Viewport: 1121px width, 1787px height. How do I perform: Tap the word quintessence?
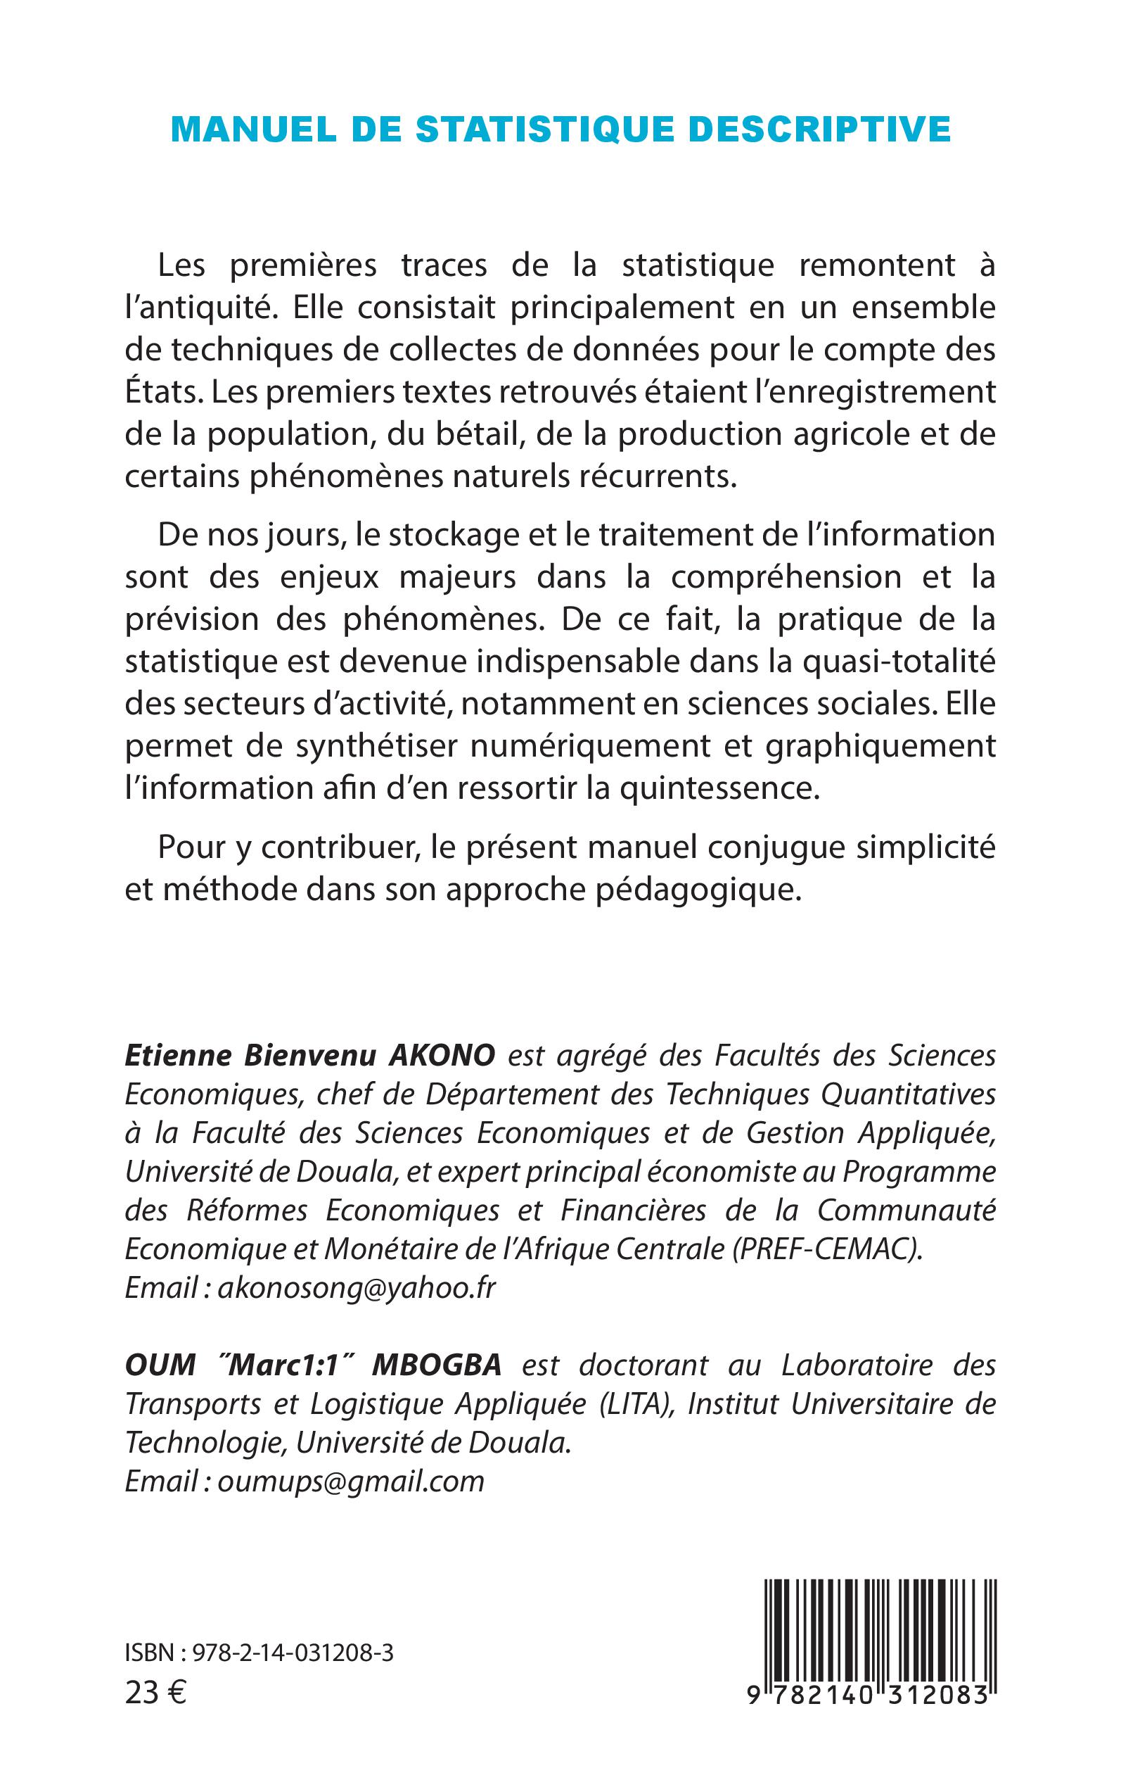[720, 788]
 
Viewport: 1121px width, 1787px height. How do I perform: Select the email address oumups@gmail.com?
[351, 1482]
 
